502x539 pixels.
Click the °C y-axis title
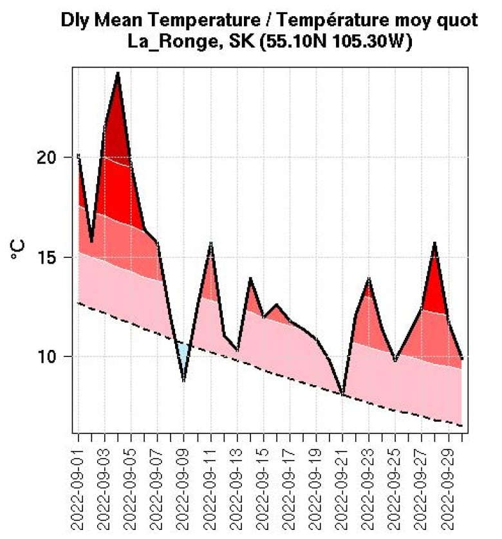point(19,249)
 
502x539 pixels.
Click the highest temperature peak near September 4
point(118,73)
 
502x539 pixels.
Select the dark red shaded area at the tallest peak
point(116,129)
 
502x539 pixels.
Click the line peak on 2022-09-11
point(210,243)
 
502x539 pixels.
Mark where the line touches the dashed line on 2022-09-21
point(343,394)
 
